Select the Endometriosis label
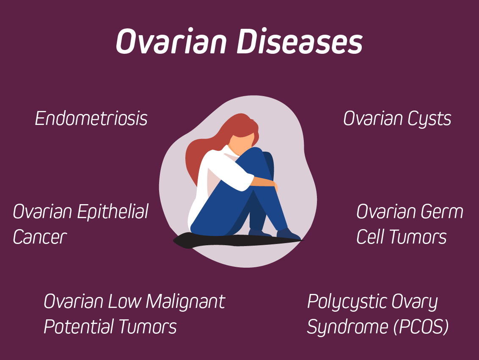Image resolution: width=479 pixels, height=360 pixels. pos(91,118)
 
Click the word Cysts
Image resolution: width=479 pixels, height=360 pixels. pos(429,119)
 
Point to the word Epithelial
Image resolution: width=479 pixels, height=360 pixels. pos(113,211)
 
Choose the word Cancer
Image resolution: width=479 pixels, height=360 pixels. pos(40,237)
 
